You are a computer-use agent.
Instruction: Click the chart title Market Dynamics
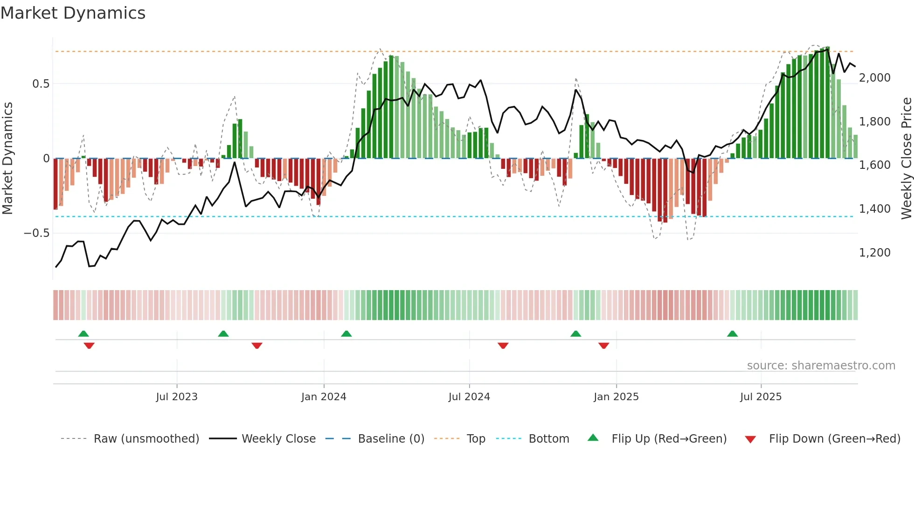(73, 13)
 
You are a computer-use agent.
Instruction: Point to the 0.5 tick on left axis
(41, 84)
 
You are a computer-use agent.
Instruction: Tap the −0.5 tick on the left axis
(37, 233)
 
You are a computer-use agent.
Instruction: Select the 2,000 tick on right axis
(874, 78)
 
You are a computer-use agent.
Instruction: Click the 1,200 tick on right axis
(874, 253)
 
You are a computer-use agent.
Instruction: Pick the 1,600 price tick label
(874, 165)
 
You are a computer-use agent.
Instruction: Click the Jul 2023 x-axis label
(177, 397)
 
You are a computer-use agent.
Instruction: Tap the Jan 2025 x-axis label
(616, 397)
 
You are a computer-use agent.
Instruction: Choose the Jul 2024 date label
(469, 397)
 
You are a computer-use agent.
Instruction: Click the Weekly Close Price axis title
(906, 159)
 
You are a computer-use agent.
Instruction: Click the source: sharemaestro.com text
(821, 366)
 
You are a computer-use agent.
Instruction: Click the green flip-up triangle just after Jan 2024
(346, 334)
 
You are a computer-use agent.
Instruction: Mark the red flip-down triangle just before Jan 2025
(603, 346)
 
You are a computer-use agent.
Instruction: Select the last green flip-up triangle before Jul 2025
(732, 334)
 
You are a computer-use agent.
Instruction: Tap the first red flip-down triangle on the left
(89, 346)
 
